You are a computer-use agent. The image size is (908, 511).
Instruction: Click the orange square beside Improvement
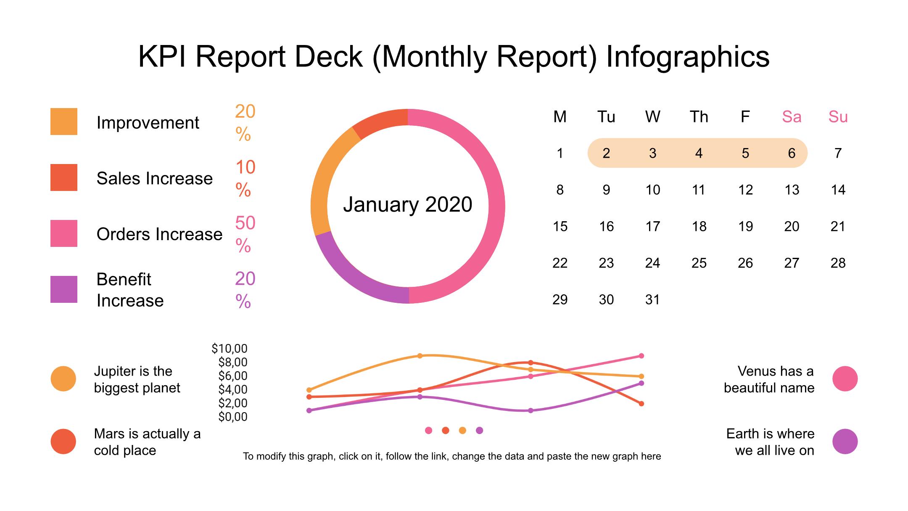tap(64, 122)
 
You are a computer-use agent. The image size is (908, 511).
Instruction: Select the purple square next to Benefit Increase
tap(64, 289)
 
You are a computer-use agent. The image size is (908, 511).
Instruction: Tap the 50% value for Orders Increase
tap(245, 234)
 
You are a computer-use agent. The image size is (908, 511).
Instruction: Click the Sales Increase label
tap(154, 178)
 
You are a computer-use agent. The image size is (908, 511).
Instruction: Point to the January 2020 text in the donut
tap(407, 205)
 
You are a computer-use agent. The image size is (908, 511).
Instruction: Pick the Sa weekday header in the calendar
tap(791, 116)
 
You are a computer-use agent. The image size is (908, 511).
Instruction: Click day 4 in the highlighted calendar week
tap(699, 153)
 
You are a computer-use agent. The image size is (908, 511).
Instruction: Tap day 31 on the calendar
tap(652, 299)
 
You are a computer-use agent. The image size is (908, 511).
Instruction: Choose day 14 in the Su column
tap(838, 190)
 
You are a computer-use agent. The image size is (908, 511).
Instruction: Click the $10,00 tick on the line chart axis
tap(230, 348)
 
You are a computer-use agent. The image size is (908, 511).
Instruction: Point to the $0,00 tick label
tap(233, 417)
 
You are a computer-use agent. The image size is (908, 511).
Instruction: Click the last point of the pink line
tap(641, 356)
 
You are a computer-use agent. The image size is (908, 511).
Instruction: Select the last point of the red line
tap(641, 404)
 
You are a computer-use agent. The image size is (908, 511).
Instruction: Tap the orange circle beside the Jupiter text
tap(63, 379)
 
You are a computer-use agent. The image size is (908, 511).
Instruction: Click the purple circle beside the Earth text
tap(845, 442)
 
